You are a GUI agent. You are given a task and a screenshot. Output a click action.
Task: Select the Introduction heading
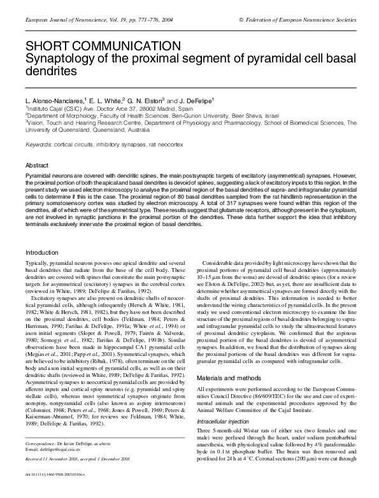coord(41,253)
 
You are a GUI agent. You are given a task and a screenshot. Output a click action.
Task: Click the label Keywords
coord(38,145)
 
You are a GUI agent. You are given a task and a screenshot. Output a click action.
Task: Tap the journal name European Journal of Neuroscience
coord(63,20)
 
